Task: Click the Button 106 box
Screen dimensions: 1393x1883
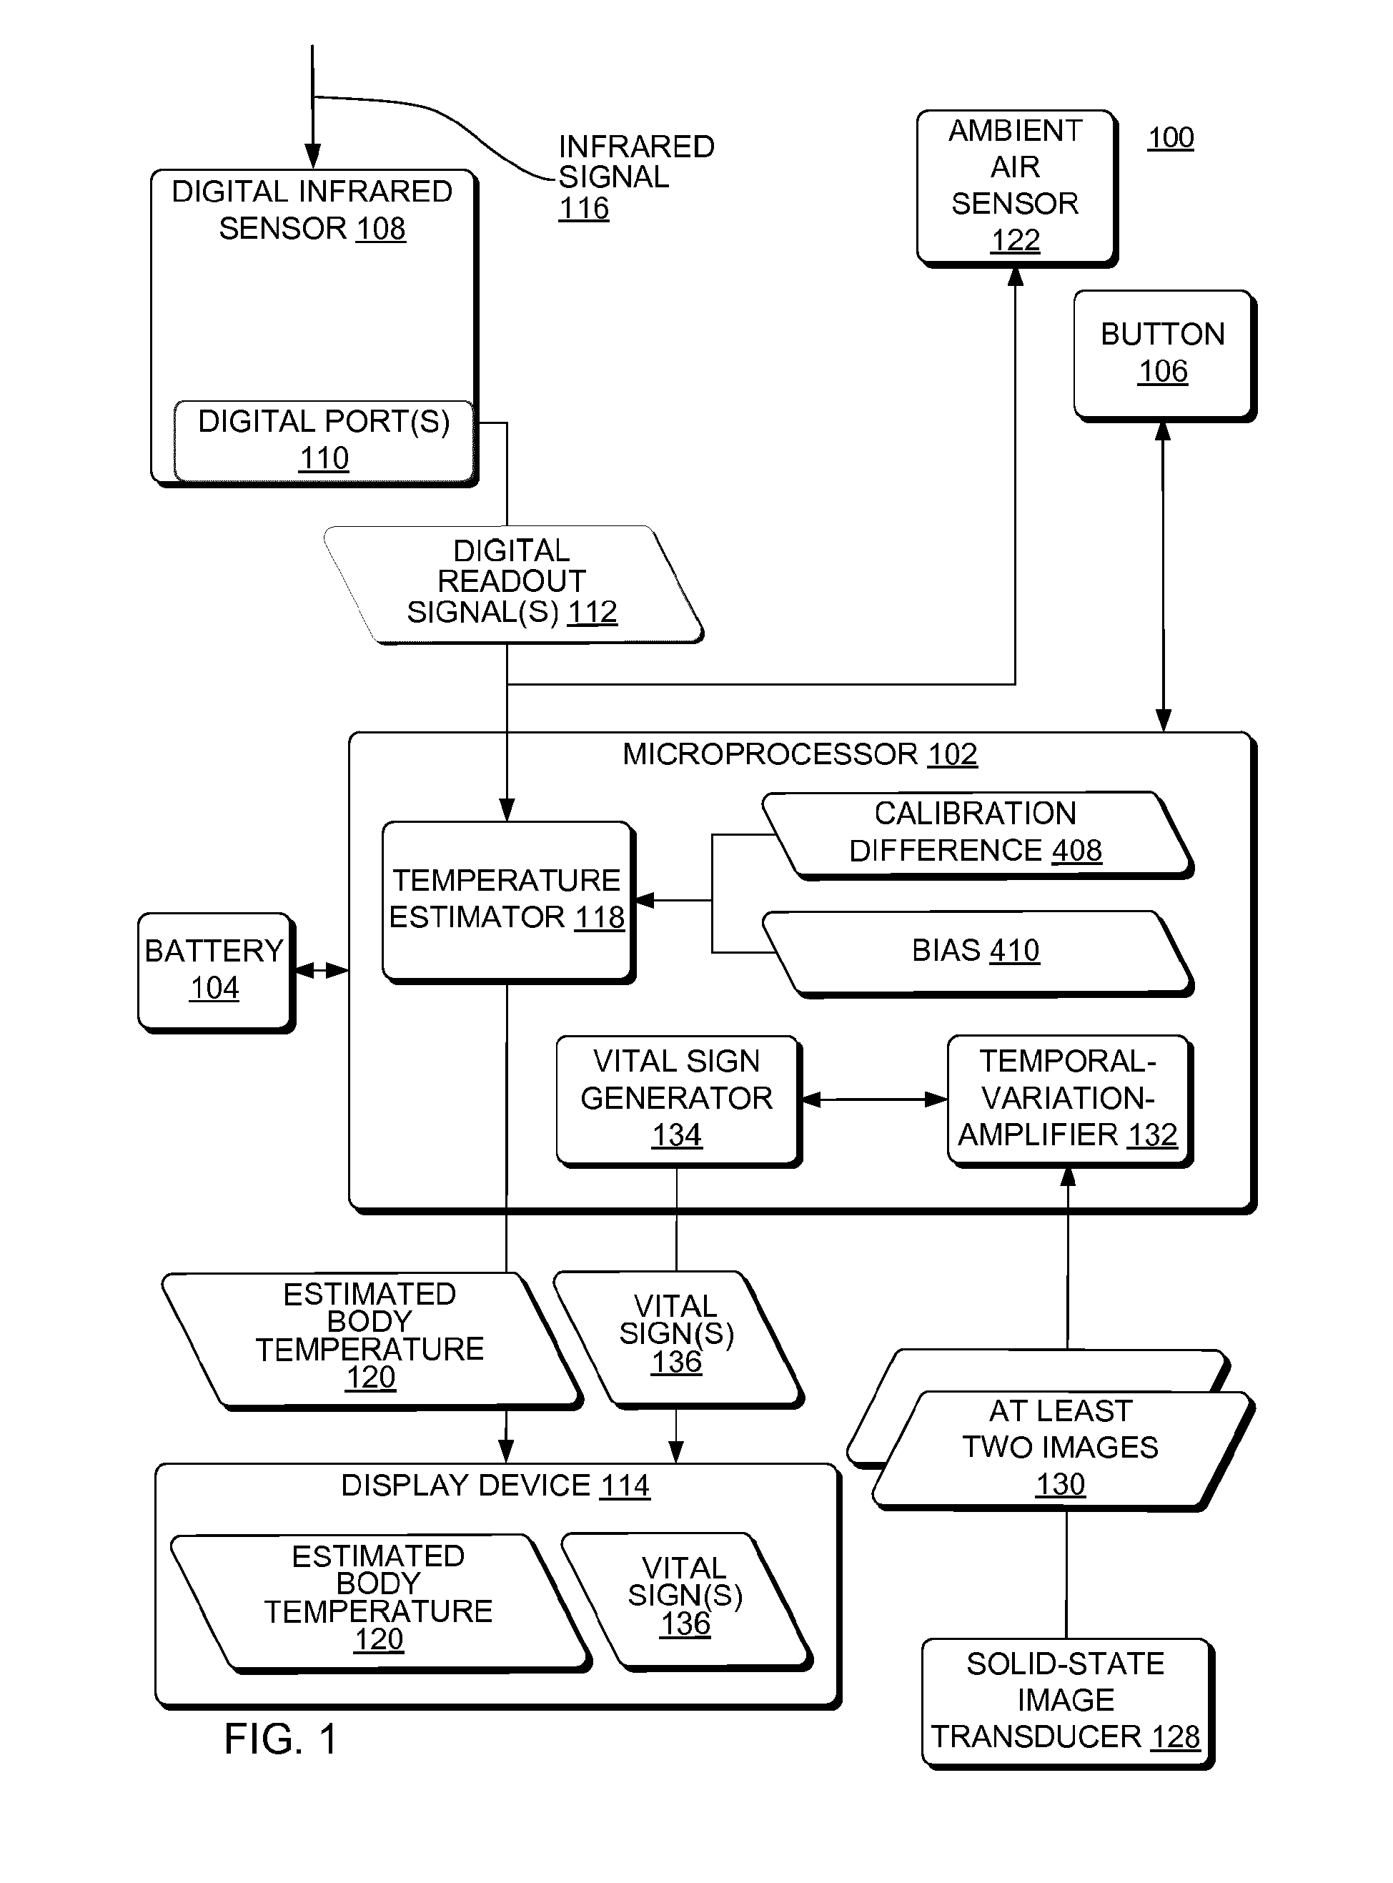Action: tap(1164, 356)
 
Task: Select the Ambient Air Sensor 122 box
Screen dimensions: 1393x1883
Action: tap(1017, 188)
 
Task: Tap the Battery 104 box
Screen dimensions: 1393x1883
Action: tap(216, 972)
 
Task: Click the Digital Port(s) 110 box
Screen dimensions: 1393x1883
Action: tap(324, 441)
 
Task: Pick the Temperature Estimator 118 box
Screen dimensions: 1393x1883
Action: tap(508, 902)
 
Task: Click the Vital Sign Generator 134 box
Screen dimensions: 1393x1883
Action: tap(679, 1100)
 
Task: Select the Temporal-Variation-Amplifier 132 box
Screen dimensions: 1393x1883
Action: tap(1070, 1100)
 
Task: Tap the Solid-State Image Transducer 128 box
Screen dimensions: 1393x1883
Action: tap(1068, 1703)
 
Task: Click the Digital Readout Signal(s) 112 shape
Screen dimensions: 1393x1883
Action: tap(512, 584)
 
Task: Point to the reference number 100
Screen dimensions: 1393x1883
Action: tap(1171, 137)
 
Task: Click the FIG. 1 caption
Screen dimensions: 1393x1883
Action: tap(281, 1739)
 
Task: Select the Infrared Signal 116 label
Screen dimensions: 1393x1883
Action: tap(637, 177)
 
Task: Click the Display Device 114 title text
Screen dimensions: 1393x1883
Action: tap(495, 1485)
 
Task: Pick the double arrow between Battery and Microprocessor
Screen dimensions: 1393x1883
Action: tap(321, 971)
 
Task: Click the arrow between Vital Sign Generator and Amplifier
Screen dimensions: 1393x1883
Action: tap(874, 1099)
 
